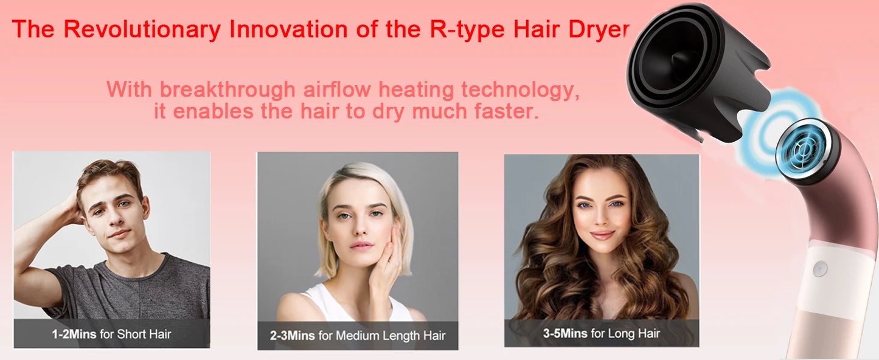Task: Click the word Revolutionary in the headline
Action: (142, 29)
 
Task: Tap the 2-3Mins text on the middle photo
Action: (292, 335)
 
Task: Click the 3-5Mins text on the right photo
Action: (565, 333)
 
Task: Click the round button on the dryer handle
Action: (821, 268)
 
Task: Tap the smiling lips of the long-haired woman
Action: (602, 235)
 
